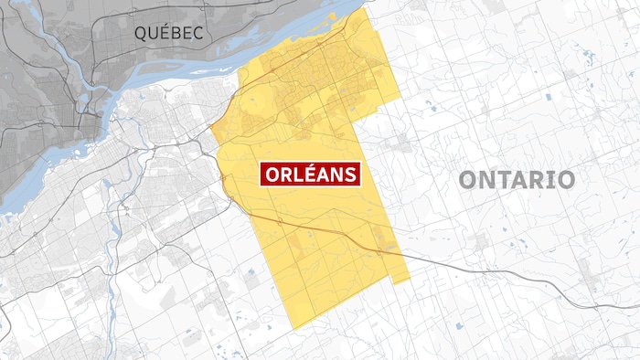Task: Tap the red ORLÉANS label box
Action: pos(311,174)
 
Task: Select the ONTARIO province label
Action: pos(517,179)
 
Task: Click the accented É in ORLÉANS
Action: pos(306,174)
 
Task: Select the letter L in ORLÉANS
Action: pos(293,174)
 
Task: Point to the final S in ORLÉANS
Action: pos(349,174)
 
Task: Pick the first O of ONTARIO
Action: pos(468,179)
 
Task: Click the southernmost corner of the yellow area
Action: pos(292,328)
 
